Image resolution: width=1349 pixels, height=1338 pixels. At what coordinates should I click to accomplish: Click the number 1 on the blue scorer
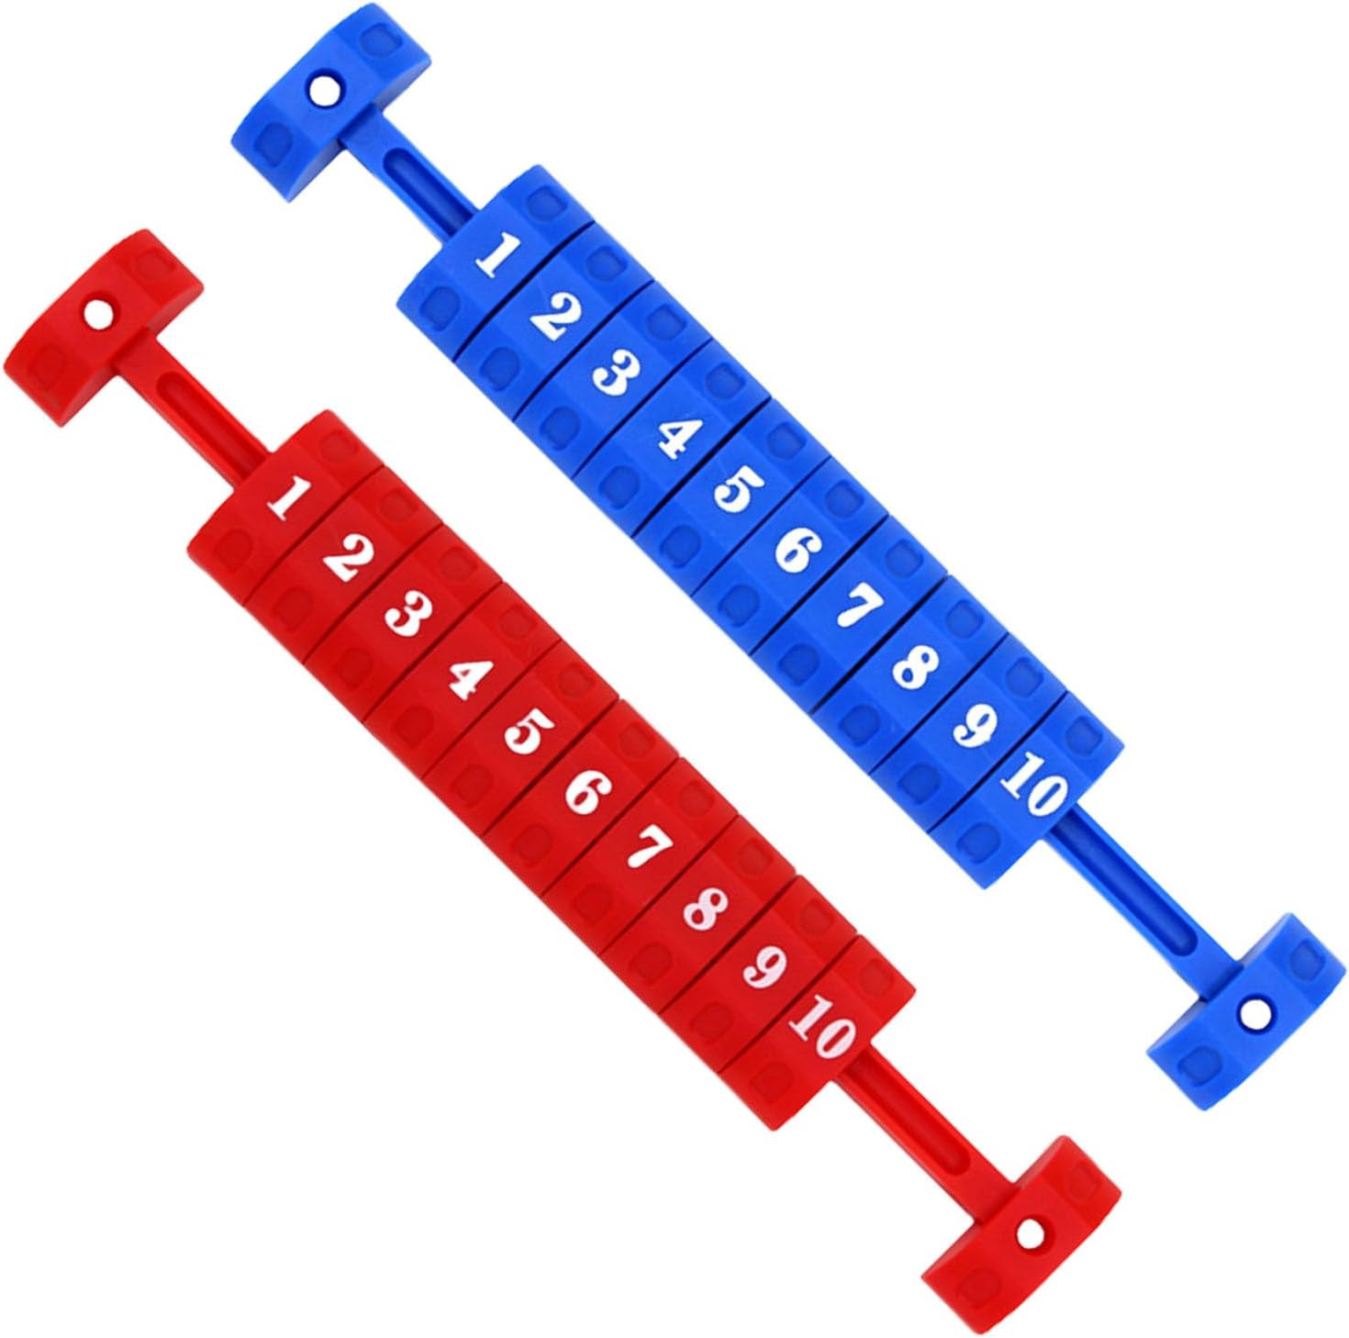coord(498,256)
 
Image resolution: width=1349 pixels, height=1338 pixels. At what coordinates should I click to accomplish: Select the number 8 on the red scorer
coord(704,911)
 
